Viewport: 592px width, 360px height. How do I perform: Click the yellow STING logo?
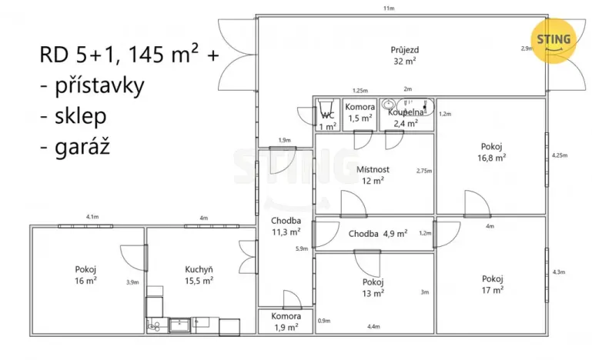tap(553, 39)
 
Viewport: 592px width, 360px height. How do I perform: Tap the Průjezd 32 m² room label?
tap(404, 54)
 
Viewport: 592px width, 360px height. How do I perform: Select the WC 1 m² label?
tap(328, 121)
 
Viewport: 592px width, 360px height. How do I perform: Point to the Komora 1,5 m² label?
tap(360, 112)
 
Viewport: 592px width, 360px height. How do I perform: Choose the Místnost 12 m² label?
tap(373, 175)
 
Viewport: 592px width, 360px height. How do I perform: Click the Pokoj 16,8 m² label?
tap(492, 152)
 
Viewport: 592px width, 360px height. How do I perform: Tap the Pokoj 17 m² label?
tap(492, 284)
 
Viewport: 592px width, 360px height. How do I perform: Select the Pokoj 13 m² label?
tap(373, 287)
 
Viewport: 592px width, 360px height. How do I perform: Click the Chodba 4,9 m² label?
tap(377, 234)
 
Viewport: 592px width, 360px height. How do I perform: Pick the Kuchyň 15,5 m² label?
tap(199, 275)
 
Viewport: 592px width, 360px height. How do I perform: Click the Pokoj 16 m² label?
tap(85, 275)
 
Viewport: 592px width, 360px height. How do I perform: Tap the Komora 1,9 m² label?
tap(285, 321)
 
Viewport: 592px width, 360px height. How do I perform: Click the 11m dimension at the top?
tap(389, 8)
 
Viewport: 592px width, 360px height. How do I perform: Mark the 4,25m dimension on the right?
tap(559, 155)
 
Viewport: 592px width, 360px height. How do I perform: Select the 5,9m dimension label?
tap(301, 248)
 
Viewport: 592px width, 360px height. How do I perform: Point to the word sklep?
tap(82, 116)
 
